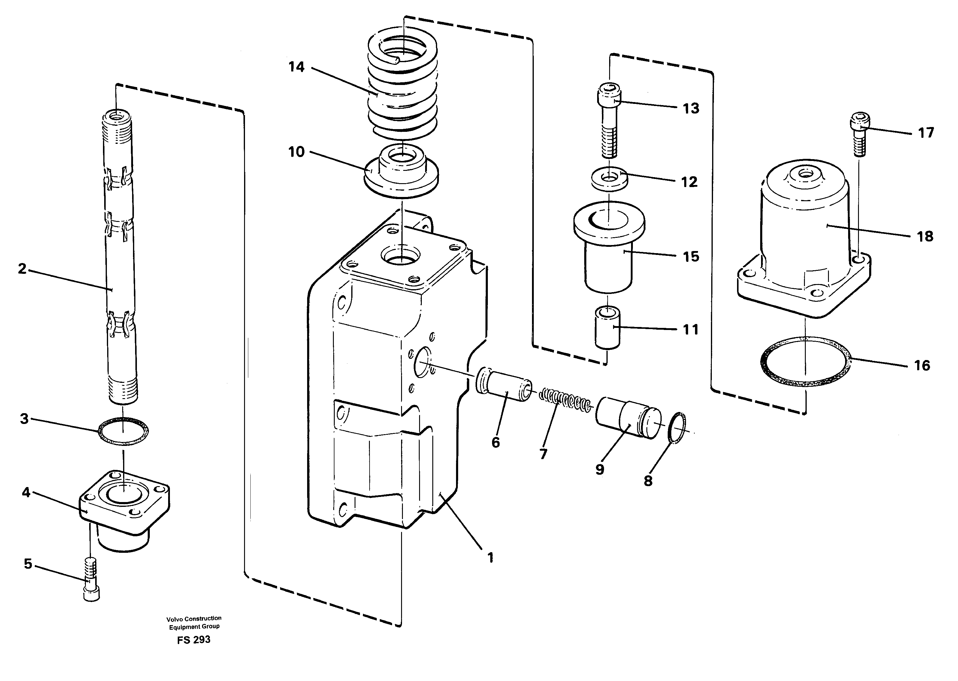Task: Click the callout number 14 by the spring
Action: tap(296, 67)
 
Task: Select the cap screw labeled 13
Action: tap(609, 121)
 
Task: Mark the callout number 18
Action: tap(925, 237)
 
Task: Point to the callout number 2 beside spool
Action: tap(22, 269)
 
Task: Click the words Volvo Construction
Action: tap(194, 619)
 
